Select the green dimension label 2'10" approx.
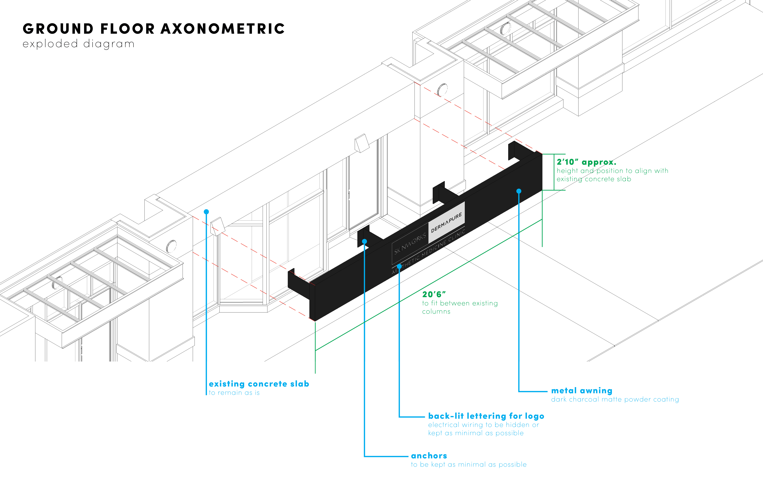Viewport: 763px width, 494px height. coord(586,162)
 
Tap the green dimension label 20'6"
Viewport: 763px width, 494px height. coord(434,294)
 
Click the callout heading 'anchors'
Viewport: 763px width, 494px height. coord(429,456)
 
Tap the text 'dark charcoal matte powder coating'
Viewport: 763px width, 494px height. coord(615,399)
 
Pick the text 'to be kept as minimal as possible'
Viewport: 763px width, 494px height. coord(469,465)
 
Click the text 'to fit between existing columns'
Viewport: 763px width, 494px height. coord(460,307)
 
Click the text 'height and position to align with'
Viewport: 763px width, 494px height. coord(612,171)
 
